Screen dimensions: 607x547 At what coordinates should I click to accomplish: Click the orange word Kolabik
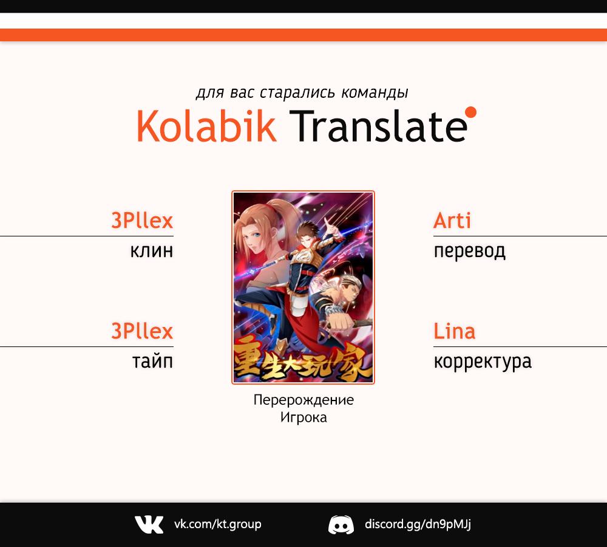click(x=206, y=126)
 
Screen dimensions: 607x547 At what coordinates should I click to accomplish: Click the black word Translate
click(x=378, y=126)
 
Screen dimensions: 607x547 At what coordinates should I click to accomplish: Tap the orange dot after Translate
click(x=471, y=112)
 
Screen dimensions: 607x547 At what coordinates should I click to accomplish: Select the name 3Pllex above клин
click(x=142, y=221)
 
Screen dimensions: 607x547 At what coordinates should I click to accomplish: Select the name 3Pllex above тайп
click(x=142, y=331)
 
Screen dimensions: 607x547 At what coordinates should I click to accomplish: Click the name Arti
click(x=452, y=221)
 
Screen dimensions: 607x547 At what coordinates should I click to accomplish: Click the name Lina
click(x=455, y=331)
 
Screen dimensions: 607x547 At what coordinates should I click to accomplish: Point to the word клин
click(x=152, y=251)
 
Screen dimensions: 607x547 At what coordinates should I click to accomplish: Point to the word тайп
click(x=152, y=361)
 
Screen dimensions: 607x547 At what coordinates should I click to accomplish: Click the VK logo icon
click(x=149, y=525)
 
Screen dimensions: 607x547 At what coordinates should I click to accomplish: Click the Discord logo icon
click(x=341, y=525)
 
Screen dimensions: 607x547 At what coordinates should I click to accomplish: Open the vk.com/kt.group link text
click(x=217, y=525)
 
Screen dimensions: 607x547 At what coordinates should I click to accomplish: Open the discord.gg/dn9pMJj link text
click(x=418, y=525)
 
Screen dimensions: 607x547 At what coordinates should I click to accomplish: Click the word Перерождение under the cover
click(x=303, y=400)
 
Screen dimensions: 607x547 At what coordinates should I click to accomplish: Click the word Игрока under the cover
click(x=303, y=418)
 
